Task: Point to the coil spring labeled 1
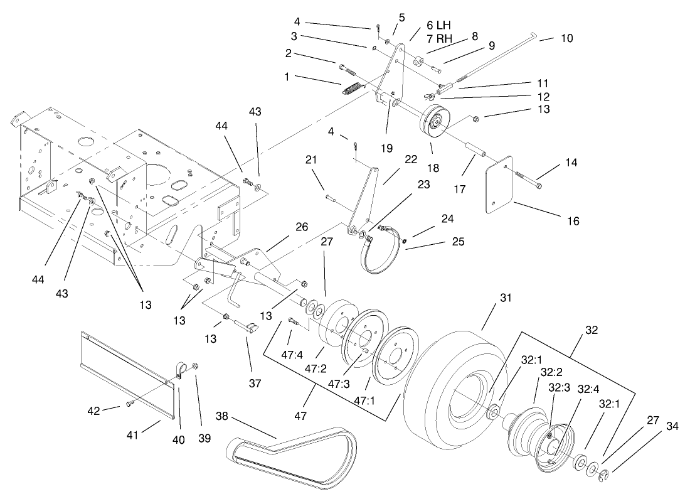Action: pyautogui.click(x=353, y=89)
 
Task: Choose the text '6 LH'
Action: pyautogui.click(x=438, y=24)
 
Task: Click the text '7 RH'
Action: pyautogui.click(x=438, y=39)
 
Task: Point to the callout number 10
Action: pyautogui.click(x=566, y=38)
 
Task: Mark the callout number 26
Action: pyautogui.click(x=302, y=227)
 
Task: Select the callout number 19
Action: pyautogui.click(x=386, y=148)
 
